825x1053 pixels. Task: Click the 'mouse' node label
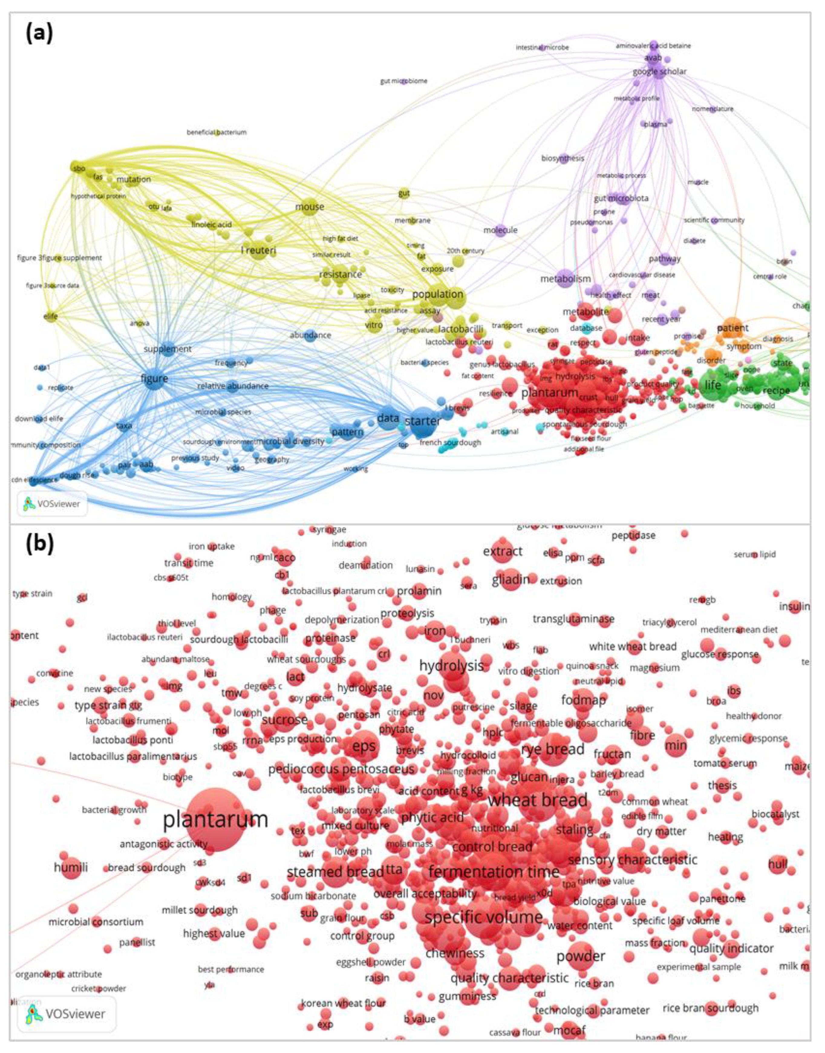(310, 207)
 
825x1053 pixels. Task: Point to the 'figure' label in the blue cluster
(154, 378)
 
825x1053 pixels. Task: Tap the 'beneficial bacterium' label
(217, 132)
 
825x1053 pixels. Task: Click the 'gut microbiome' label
(404, 81)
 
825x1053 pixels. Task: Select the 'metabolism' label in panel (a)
(565, 279)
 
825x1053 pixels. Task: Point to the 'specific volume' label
(484, 917)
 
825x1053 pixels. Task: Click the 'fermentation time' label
(494, 872)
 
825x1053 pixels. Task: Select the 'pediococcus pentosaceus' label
(341, 769)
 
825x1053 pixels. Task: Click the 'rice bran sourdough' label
(710, 1008)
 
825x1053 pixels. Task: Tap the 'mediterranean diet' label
(739, 629)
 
